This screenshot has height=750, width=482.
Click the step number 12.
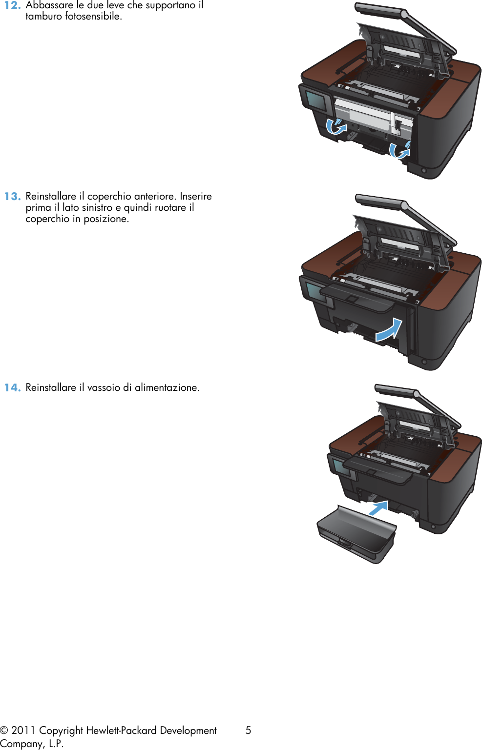12,5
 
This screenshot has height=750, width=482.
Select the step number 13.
12,197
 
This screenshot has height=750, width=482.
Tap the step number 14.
12,388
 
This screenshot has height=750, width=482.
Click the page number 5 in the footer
248,730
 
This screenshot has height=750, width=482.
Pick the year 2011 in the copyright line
23,730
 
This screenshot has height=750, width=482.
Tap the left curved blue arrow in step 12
335,126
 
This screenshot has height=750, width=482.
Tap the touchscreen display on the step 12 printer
316,101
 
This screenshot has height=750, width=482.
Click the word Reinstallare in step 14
51,388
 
